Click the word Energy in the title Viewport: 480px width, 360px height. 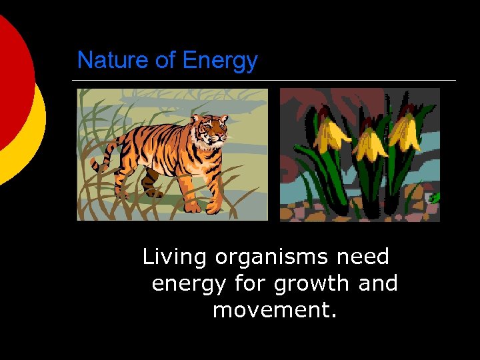(219, 61)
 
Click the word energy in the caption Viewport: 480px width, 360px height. (189, 284)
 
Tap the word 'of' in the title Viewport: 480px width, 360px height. (165, 61)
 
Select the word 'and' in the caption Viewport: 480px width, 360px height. (377, 283)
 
